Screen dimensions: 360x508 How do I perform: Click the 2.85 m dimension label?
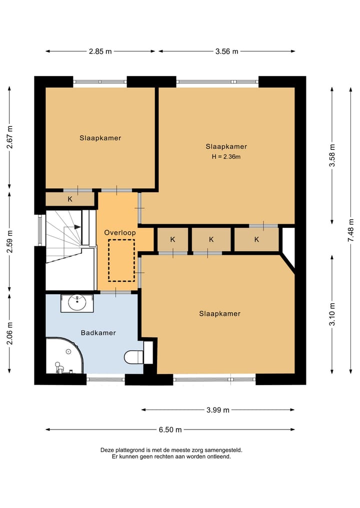(100, 51)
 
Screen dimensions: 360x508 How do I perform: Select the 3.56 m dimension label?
(226, 51)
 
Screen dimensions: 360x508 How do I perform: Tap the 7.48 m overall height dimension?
(351, 230)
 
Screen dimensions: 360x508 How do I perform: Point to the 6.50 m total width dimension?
(170, 430)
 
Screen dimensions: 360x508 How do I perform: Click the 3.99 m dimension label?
(218, 410)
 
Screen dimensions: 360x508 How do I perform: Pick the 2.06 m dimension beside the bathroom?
(9, 333)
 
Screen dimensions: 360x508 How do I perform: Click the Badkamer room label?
(98, 333)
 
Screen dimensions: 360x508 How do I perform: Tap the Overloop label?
(120, 233)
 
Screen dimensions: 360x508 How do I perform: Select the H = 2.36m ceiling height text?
(226, 157)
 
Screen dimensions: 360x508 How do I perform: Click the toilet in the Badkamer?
(134, 357)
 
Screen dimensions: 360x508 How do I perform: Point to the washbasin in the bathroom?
(77, 303)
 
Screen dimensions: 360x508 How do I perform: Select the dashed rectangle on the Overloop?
(121, 260)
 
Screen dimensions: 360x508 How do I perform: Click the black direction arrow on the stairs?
(77, 227)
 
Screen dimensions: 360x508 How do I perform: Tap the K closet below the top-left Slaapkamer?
(70, 199)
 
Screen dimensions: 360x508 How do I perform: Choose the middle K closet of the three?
(211, 239)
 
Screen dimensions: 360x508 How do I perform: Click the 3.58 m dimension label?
(332, 155)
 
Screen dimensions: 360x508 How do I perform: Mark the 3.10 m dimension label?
(332, 314)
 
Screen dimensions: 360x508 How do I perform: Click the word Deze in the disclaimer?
(106, 450)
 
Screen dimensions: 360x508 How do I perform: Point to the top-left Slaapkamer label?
(100, 138)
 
